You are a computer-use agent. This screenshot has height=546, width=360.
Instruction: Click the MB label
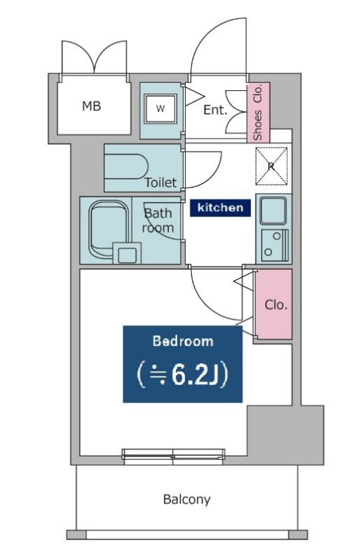[91, 106]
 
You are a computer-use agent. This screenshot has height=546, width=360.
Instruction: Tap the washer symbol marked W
[160, 108]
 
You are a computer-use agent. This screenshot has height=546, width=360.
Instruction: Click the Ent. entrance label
[216, 110]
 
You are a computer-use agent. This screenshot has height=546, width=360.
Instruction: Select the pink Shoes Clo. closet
[258, 113]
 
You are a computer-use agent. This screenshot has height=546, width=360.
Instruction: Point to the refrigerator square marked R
[272, 166]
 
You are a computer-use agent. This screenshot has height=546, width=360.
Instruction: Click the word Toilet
[160, 183]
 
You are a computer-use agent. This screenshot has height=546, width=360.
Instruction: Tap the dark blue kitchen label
[220, 208]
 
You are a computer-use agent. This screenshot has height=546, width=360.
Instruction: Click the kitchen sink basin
[274, 211]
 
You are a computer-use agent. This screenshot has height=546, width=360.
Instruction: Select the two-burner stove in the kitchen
[275, 245]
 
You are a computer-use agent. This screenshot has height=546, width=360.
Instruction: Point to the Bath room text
[158, 220]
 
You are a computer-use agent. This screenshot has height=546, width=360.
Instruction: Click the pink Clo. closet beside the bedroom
[274, 304]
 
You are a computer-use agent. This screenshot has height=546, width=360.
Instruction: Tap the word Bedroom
[183, 341]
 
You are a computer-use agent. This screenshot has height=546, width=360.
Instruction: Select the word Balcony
[187, 500]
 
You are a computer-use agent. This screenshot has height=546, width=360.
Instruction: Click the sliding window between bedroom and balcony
[173, 456]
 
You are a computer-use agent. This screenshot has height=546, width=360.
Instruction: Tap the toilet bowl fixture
[126, 167]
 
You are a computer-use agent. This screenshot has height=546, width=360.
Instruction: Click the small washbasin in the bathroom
[127, 253]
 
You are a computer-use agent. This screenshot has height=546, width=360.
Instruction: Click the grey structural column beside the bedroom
[286, 435]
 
